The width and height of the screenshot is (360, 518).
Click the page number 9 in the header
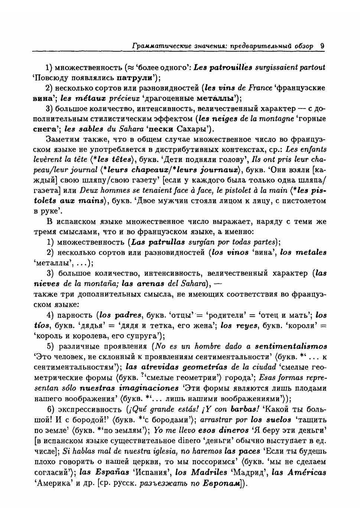tap(322, 46)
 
